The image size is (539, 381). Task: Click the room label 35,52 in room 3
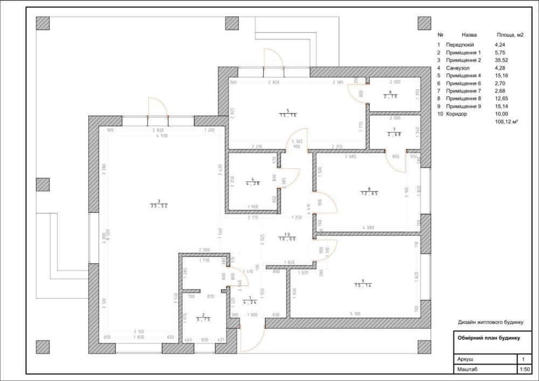159,205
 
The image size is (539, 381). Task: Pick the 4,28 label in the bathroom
252,184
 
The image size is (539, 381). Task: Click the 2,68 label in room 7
395,134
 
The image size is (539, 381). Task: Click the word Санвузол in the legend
459,68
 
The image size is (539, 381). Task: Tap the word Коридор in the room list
457,114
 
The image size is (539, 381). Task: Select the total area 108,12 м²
506,122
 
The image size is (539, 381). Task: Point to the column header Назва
469,34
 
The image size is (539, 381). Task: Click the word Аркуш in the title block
466,359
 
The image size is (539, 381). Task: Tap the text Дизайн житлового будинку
490,322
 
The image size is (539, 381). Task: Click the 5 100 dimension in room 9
355,314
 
